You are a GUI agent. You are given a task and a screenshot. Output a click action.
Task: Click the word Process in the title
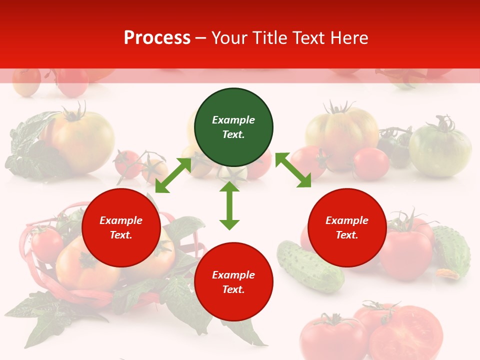pos(157,38)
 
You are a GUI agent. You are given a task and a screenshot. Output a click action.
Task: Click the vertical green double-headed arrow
pos(229,205)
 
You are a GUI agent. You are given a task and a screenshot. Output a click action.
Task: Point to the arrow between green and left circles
pos(173,175)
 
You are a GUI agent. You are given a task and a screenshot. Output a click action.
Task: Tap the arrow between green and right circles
pos(293,170)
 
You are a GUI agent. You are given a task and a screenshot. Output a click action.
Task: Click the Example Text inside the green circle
pos(233,127)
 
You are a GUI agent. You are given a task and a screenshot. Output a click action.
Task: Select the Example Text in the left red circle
pos(121,227)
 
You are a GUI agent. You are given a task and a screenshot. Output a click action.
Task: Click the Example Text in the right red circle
pos(347,227)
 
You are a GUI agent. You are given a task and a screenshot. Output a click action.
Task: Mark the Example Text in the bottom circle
pos(233,282)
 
